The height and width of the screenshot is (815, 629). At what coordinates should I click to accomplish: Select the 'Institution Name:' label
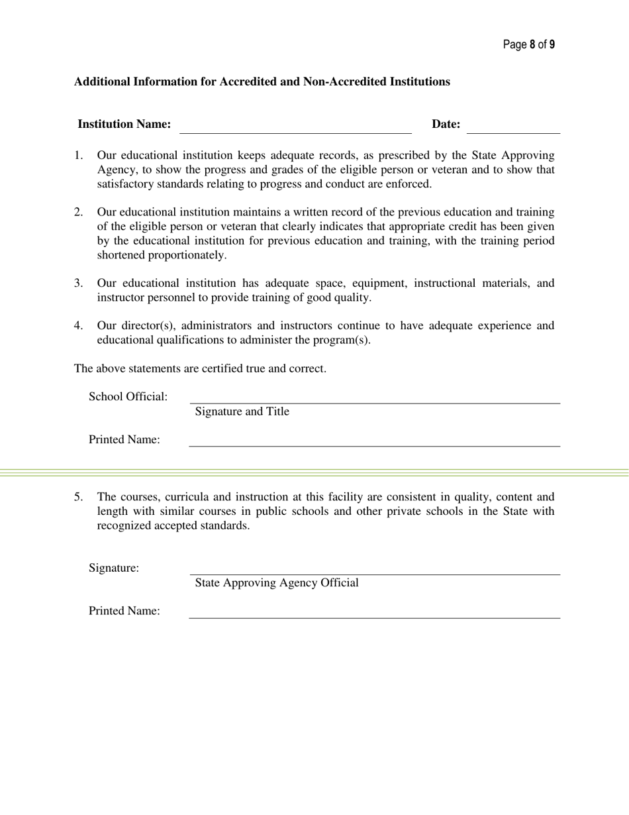click(124, 125)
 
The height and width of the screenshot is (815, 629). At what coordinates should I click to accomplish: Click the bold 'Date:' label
click(446, 125)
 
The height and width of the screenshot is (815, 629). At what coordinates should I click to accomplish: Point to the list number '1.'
click(78, 156)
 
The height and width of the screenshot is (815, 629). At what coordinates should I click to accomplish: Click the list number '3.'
click(78, 284)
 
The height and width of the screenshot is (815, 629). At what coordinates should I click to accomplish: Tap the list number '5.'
click(78, 497)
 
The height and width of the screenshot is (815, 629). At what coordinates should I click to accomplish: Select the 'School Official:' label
click(128, 397)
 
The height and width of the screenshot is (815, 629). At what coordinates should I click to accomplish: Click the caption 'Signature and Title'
click(242, 412)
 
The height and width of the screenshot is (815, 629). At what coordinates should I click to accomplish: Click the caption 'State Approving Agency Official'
click(277, 583)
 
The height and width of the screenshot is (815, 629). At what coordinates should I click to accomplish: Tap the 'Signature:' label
click(114, 568)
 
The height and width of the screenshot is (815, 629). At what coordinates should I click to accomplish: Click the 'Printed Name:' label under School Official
click(124, 440)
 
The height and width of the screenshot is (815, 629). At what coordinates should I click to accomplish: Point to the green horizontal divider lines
click(314, 472)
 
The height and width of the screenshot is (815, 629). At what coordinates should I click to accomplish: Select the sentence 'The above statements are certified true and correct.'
click(199, 368)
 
